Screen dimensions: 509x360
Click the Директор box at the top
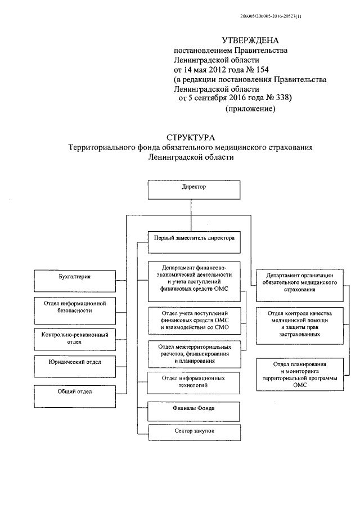194,190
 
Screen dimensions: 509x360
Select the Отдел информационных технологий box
193,382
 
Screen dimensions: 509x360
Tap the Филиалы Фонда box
193,409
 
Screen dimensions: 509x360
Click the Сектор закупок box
193,432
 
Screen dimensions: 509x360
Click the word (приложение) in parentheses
250,109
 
